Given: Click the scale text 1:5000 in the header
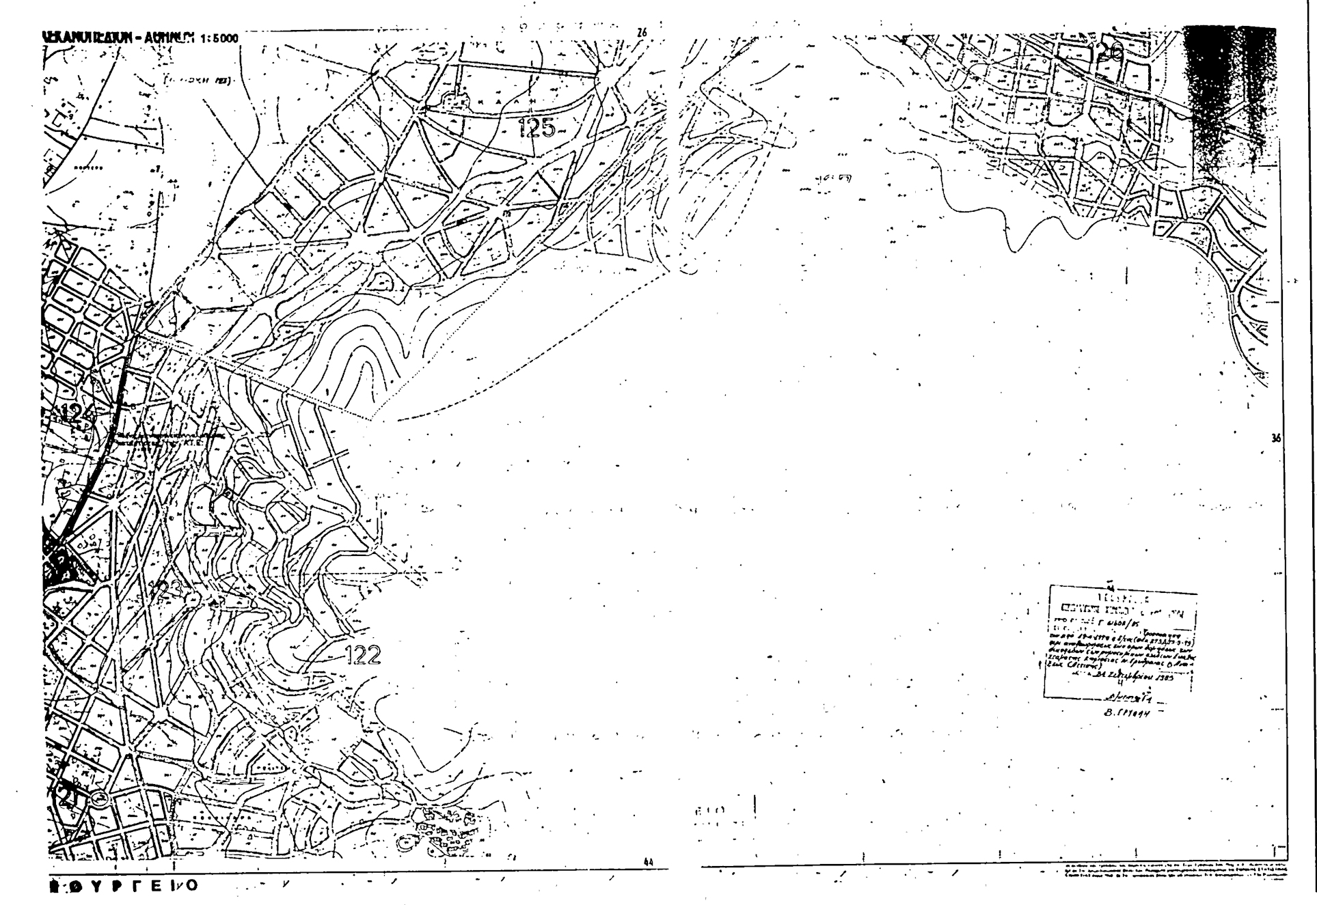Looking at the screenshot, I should tap(217, 38).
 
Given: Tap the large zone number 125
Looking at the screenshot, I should tap(537, 127).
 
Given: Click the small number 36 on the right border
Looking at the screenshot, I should tap(1275, 439).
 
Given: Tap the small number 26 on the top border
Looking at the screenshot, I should tap(641, 33).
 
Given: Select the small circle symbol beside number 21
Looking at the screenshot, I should tap(100, 797).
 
